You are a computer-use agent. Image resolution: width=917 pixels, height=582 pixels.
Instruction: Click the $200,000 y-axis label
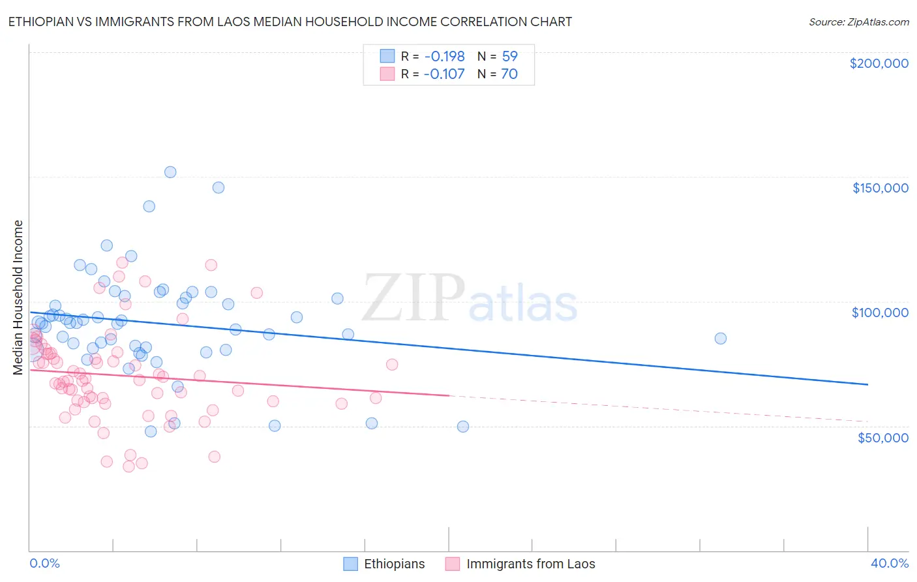tap(879, 63)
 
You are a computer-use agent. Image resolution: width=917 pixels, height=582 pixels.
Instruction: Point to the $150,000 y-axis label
tap(880, 188)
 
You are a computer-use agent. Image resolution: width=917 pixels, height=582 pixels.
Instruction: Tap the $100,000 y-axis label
tap(880, 313)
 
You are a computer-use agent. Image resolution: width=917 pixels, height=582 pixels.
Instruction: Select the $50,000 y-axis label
tap(882, 437)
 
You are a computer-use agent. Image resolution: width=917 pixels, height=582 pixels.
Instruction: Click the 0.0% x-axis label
tap(44, 563)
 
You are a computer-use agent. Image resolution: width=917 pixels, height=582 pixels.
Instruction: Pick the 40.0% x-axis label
tap(889, 563)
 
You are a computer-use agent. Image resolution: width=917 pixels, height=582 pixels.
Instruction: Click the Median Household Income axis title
tap(18, 298)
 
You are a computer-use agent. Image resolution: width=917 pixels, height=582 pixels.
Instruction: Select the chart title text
tap(290, 22)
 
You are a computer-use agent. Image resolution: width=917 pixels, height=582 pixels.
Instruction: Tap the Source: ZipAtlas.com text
tap(858, 22)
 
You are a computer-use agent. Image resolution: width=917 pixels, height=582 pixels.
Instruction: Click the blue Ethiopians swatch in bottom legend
tap(351, 564)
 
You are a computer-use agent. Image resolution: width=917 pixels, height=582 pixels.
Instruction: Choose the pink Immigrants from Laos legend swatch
tap(453, 564)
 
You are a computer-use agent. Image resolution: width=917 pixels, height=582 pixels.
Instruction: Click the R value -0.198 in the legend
tap(443, 56)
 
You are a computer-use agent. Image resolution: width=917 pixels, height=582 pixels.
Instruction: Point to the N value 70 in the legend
tap(509, 74)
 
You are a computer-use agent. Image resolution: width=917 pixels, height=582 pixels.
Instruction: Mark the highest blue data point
tap(170, 172)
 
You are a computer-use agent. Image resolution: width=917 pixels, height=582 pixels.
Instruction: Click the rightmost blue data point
tap(720, 339)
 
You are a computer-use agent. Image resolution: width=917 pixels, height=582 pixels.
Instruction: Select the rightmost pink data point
tap(392, 364)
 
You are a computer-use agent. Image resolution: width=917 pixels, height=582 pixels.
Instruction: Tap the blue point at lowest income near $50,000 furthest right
tap(463, 427)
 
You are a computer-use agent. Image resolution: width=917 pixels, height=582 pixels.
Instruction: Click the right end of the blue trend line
tap(867, 385)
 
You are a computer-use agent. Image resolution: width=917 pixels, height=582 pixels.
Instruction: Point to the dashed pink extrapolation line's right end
tap(867, 421)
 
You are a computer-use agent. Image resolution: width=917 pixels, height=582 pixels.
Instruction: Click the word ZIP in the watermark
tap(413, 298)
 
